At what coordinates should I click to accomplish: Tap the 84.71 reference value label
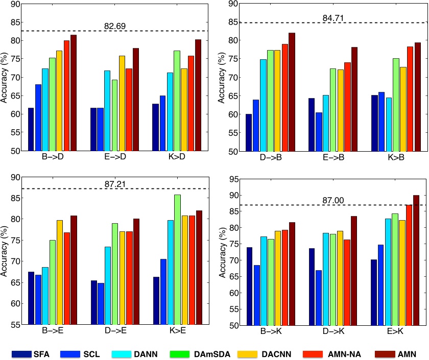(x=331, y=18)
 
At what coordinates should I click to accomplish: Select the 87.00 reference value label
(x=332, y=200)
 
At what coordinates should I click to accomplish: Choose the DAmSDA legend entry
(x=211, y=353)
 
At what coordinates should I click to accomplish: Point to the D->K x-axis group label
(x=331, y=332)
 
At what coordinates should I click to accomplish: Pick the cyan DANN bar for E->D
(x=107, y=110)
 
